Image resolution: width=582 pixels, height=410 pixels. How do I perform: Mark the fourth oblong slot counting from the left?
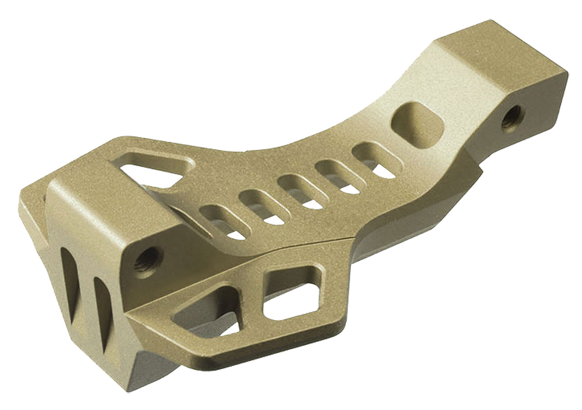pos(331,171)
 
